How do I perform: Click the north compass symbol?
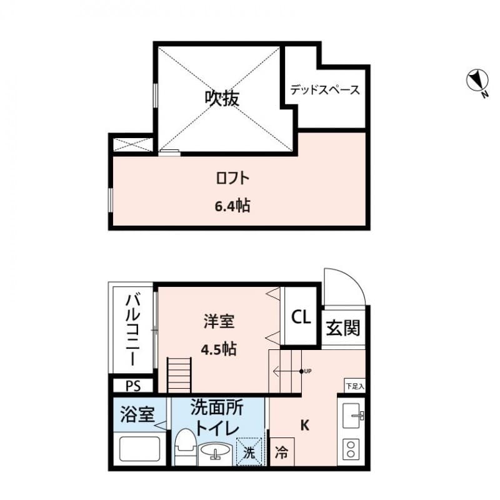[x=477, y=81]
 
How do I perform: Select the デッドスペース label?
[x=325, y=90]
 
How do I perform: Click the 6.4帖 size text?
[x=232, y=206]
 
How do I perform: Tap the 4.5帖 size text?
[x=218, y=349]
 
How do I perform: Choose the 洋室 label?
[x=218, y=322]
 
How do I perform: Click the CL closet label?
[x=301, y=317]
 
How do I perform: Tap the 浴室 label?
[x=137, y=414]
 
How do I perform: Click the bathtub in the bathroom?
[x=141, y=449]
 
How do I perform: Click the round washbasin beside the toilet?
[x=215, y=451]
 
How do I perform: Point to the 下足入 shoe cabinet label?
[x=354, y=386]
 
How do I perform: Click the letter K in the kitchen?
[x=305, y=426]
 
